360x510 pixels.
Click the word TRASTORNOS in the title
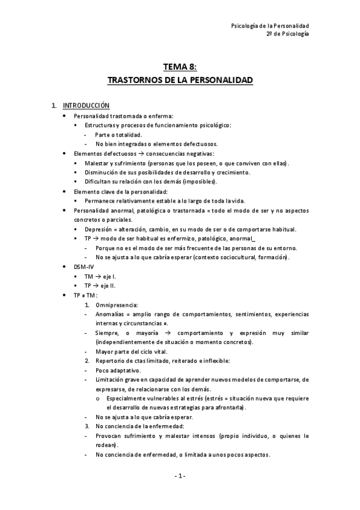[132, 79]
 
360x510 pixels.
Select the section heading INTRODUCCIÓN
[87, 105]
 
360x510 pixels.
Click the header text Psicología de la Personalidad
[270, 26]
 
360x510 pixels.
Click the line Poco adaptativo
[117, 370]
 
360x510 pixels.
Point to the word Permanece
[102, 200]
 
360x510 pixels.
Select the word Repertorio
[112, 360]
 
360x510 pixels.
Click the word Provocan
[110, 435]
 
